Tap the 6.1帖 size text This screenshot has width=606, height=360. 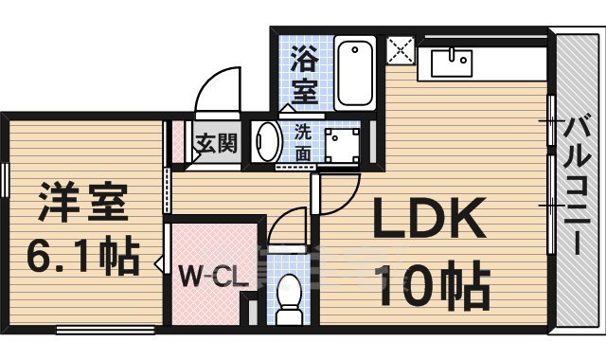pos(83,255)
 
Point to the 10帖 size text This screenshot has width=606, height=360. pos(431,284)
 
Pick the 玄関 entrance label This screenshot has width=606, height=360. pos(217,144)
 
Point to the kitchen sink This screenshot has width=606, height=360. pos(452,62)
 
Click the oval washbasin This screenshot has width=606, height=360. pos(267,142)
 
